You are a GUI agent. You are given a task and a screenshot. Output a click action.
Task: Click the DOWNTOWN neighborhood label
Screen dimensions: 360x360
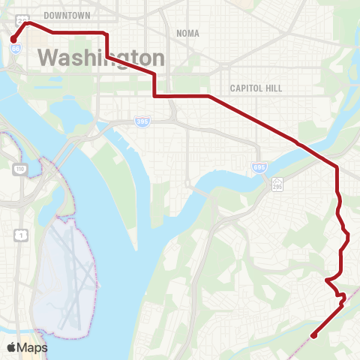pos(67,15)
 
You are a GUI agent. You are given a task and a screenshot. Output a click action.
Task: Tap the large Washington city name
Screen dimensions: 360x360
pos(101,58)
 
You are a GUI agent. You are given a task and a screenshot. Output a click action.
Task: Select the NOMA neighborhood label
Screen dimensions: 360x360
pos(187,33)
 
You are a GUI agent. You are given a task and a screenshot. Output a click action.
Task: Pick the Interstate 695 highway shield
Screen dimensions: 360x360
pos(259,166)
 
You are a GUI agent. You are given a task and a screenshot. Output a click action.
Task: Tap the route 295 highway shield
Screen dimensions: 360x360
pos(277,182)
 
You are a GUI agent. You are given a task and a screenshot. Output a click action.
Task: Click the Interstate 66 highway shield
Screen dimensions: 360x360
pos(14,49)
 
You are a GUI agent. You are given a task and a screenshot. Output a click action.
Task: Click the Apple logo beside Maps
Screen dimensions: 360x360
pos(11,347)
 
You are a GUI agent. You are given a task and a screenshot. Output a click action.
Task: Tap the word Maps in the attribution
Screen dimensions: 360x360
pos(34,347)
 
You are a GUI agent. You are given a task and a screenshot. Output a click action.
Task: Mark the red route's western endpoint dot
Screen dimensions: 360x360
pos(13,39)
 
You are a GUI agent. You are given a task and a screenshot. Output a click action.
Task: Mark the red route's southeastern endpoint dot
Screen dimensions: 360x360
pos(313,335)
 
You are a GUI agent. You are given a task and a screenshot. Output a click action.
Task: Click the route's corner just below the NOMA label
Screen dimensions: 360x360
pos(155,73)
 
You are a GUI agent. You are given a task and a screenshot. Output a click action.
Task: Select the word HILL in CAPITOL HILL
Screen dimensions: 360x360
pos(271,88)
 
